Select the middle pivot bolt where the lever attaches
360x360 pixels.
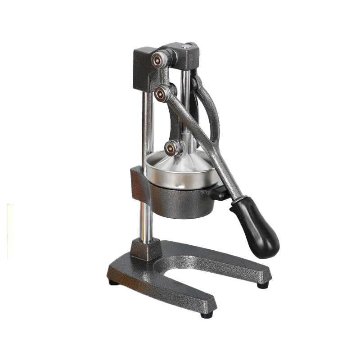(161, 93)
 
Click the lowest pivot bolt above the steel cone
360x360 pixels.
(172, 148)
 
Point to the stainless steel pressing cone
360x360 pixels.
(180, 169)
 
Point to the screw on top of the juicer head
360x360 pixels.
(185, 46)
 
